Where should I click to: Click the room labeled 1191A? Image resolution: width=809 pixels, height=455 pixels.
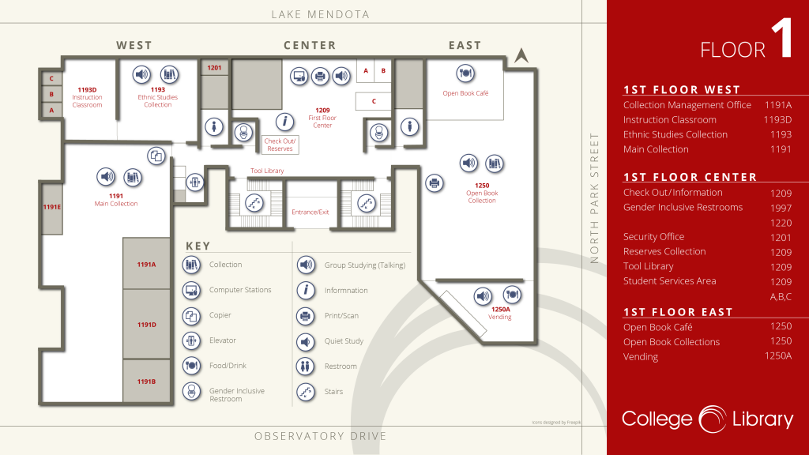click(x=146, y=264)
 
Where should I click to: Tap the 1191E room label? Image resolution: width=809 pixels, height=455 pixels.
click(x=51, y=207)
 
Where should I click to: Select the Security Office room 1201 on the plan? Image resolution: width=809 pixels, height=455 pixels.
click(x=215, y=68)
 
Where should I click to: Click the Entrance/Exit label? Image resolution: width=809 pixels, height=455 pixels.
click(x=310, y=212)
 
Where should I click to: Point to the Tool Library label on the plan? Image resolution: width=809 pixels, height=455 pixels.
click(x=267, y=171)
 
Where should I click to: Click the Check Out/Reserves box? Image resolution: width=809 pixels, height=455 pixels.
click(x=280, y=145)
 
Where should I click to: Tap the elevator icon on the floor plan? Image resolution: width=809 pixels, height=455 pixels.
click(x=194, y=182)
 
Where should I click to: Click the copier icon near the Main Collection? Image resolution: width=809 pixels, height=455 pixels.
click(x=156, y=156)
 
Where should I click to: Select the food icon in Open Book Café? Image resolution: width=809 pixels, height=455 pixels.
click(x=465, y=73)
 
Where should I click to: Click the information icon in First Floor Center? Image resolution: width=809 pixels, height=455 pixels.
click(x=284, y=122)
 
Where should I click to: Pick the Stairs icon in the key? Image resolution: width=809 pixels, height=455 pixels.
click(x=306, y=392)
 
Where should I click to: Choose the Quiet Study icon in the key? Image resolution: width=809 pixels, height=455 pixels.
click(x=306, y=341)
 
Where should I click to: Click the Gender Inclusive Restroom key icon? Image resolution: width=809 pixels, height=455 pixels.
click(x=191, y=392)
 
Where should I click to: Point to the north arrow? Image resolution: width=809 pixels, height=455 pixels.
click(x=521, y=55)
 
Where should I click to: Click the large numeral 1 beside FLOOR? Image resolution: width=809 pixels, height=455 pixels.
click(x=783, y=38)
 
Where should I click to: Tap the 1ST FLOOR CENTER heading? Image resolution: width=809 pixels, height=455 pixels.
click(x=690, y=177)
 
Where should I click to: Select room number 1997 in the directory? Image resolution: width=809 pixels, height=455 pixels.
click(x=781, y=208)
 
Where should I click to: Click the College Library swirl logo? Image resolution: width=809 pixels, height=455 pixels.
click(x=713, y=419)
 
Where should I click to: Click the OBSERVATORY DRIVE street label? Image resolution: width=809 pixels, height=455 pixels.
click(x=321, y=436)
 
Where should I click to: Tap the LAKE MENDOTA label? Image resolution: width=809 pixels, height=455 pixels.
click(x=321, y=14)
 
